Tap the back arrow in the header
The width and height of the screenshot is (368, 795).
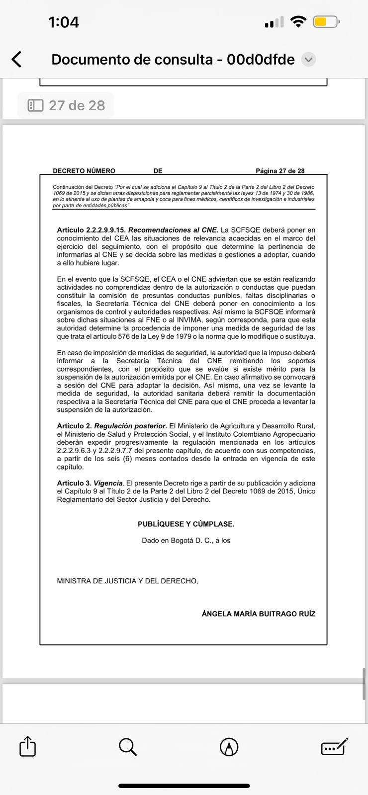(16, 60)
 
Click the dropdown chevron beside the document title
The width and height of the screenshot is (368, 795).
(308, 60)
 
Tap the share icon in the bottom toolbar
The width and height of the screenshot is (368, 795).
(27, 746)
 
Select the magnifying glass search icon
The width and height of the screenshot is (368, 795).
(128, 746)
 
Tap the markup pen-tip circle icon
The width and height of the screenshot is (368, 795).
(229, 746)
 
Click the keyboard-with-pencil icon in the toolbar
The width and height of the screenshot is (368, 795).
(334, 746)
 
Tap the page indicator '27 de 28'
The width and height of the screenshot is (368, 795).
(66, 105)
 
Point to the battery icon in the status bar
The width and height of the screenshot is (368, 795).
(326, 22)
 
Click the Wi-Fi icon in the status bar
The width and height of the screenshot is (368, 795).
(298, 22)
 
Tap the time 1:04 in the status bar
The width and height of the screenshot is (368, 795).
(64, 22)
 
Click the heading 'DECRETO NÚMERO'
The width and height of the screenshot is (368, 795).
(84, 171)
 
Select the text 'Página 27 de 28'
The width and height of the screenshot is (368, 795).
(280, 171)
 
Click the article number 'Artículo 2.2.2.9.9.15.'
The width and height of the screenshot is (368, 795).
(92, 230)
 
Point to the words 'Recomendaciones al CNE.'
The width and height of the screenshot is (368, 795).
(174, 230)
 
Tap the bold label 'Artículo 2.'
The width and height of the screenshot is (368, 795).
(74, 426)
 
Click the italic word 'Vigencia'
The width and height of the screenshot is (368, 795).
(108, 483)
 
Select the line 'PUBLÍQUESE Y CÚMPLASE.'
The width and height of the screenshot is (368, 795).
(186, 524)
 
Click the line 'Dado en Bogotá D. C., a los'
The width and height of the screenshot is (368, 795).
(186, 540)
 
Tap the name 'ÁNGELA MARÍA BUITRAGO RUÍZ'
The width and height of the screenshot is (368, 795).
(258, 614)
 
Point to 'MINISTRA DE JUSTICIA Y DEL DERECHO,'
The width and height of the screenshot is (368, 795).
(127, 581)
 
